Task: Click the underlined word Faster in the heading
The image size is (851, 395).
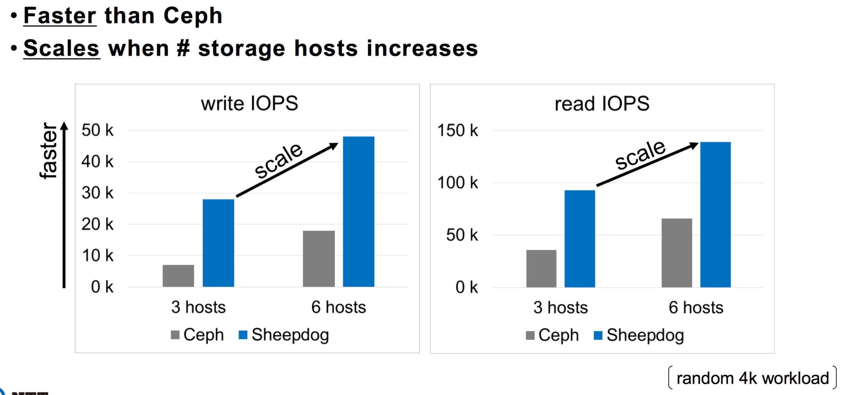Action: tap(60, 16)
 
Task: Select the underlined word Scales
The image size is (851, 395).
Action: tap(61, 48)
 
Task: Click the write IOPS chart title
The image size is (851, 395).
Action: tap(249, 103)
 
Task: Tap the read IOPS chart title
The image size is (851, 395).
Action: tap(602, 103)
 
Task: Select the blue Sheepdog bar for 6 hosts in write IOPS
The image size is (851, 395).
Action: tap(358, 211)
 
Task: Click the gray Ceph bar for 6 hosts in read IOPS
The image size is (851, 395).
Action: tap(676, 253)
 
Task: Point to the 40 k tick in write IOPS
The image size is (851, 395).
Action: tap(97, 162)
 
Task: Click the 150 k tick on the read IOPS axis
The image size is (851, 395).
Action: tap(457, 130)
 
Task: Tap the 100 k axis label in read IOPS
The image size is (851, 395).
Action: tap(457, 183)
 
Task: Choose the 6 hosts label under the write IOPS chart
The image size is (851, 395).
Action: tap(338, 307)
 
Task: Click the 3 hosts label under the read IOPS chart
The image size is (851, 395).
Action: tap(560, 307)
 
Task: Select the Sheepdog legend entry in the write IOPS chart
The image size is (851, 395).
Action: tap(284, 335)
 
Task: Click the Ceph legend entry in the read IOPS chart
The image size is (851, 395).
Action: tap(552, 335)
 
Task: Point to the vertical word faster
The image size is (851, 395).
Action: tap(49, 150)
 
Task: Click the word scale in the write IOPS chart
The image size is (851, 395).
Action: tap(278, 160)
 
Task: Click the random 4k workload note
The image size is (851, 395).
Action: tap(753, 378)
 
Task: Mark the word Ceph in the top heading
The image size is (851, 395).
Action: tap(193, 16)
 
